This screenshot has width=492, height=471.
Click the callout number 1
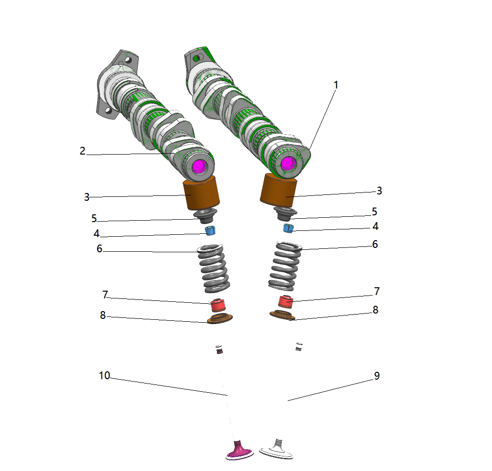pos(336,85)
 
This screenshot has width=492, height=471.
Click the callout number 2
pos(82,151)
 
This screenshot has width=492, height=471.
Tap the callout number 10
pos(104,375)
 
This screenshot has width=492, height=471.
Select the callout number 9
pos(377,376)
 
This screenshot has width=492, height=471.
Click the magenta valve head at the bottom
pos(240,451)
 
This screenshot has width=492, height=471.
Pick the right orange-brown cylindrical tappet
pos(279,190)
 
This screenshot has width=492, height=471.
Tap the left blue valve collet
pos(210,230)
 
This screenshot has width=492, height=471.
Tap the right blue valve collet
pos(288,228)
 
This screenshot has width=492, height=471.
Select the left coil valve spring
pos(213,268)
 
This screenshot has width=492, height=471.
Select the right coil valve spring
pos(285,266)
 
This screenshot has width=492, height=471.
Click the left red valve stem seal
pos(218,305)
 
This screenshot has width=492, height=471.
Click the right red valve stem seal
pos(286,302)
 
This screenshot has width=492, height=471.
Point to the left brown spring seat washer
pos(220,318)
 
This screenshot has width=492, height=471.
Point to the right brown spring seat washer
pos(283,315)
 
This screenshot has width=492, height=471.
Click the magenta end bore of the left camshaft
pos(198,166)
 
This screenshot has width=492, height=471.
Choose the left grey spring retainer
pos(205,216)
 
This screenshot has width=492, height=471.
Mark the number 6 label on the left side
pos(99,249)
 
